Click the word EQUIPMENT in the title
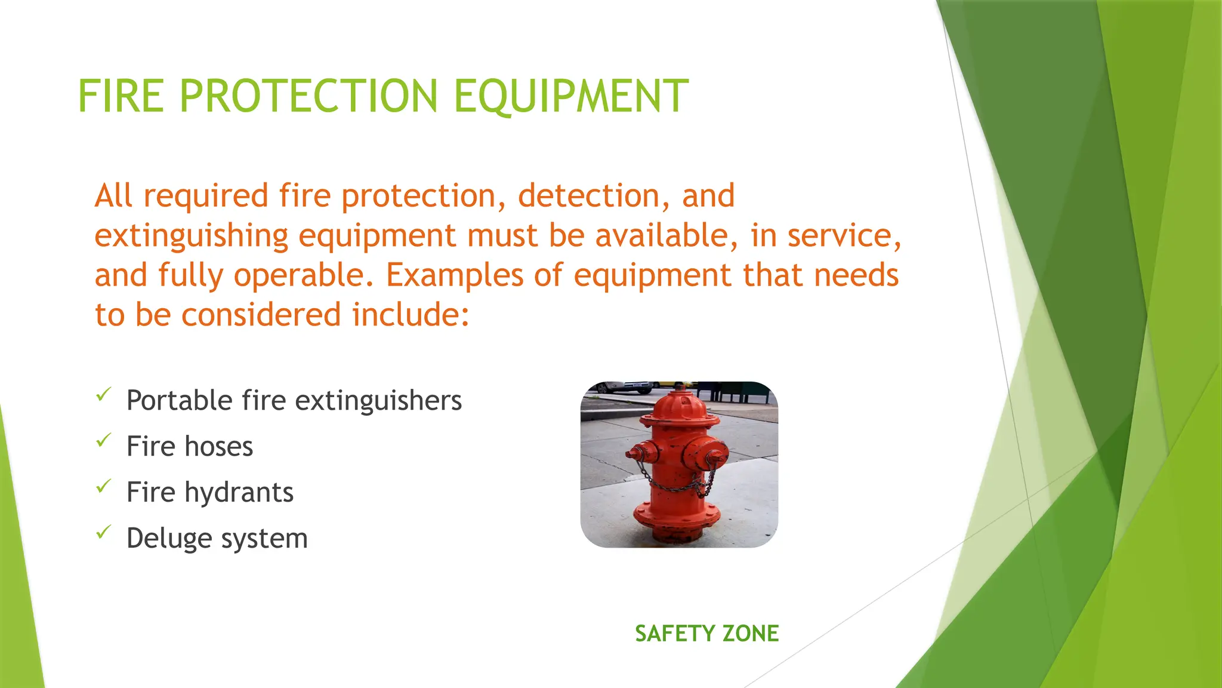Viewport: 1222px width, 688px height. click(571, 96)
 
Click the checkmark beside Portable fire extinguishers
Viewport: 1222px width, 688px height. click(104, 394)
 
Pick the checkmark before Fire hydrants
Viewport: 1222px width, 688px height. click(104, 486)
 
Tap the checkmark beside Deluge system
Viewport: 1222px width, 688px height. click(104, 532)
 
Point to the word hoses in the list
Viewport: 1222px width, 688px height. click(219, 447)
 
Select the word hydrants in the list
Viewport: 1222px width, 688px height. click(239, 493)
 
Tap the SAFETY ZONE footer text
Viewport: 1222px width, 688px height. click(706, 634)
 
